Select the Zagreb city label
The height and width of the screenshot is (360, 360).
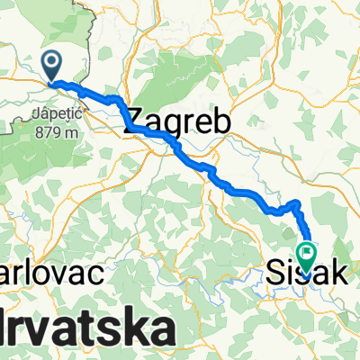178,121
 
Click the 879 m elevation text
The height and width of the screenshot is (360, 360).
53,131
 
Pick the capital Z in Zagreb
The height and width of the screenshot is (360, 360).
138,121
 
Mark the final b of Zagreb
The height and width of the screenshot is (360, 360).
220,121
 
